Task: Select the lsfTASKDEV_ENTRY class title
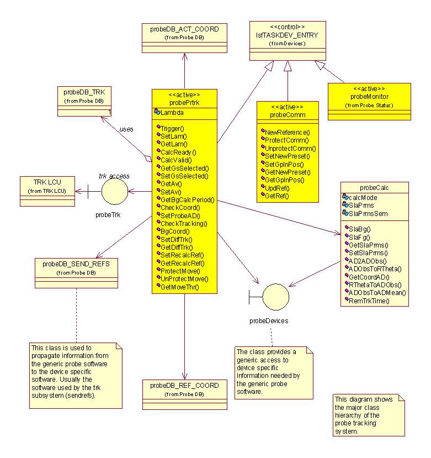pyautogui.click(x=286, y=35)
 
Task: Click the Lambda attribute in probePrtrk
pyautogui.click(x=172, y=113)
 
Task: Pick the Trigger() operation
pyautogui.click(x=172, y=128)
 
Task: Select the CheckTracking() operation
pyautogui.click(x=183, y=223)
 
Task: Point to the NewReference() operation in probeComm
pyautogui.click(x=288, y=132)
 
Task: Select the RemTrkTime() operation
pyautogui.click(x=369, y=301)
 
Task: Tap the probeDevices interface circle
pyautogui.click(x=275, y=296)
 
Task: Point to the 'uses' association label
pyautogui.click(x=126, y=129)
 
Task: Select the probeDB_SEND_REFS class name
pyautogui.click(x=76, y=264)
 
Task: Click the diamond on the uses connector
pyautogui.click(x=147, y=159)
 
